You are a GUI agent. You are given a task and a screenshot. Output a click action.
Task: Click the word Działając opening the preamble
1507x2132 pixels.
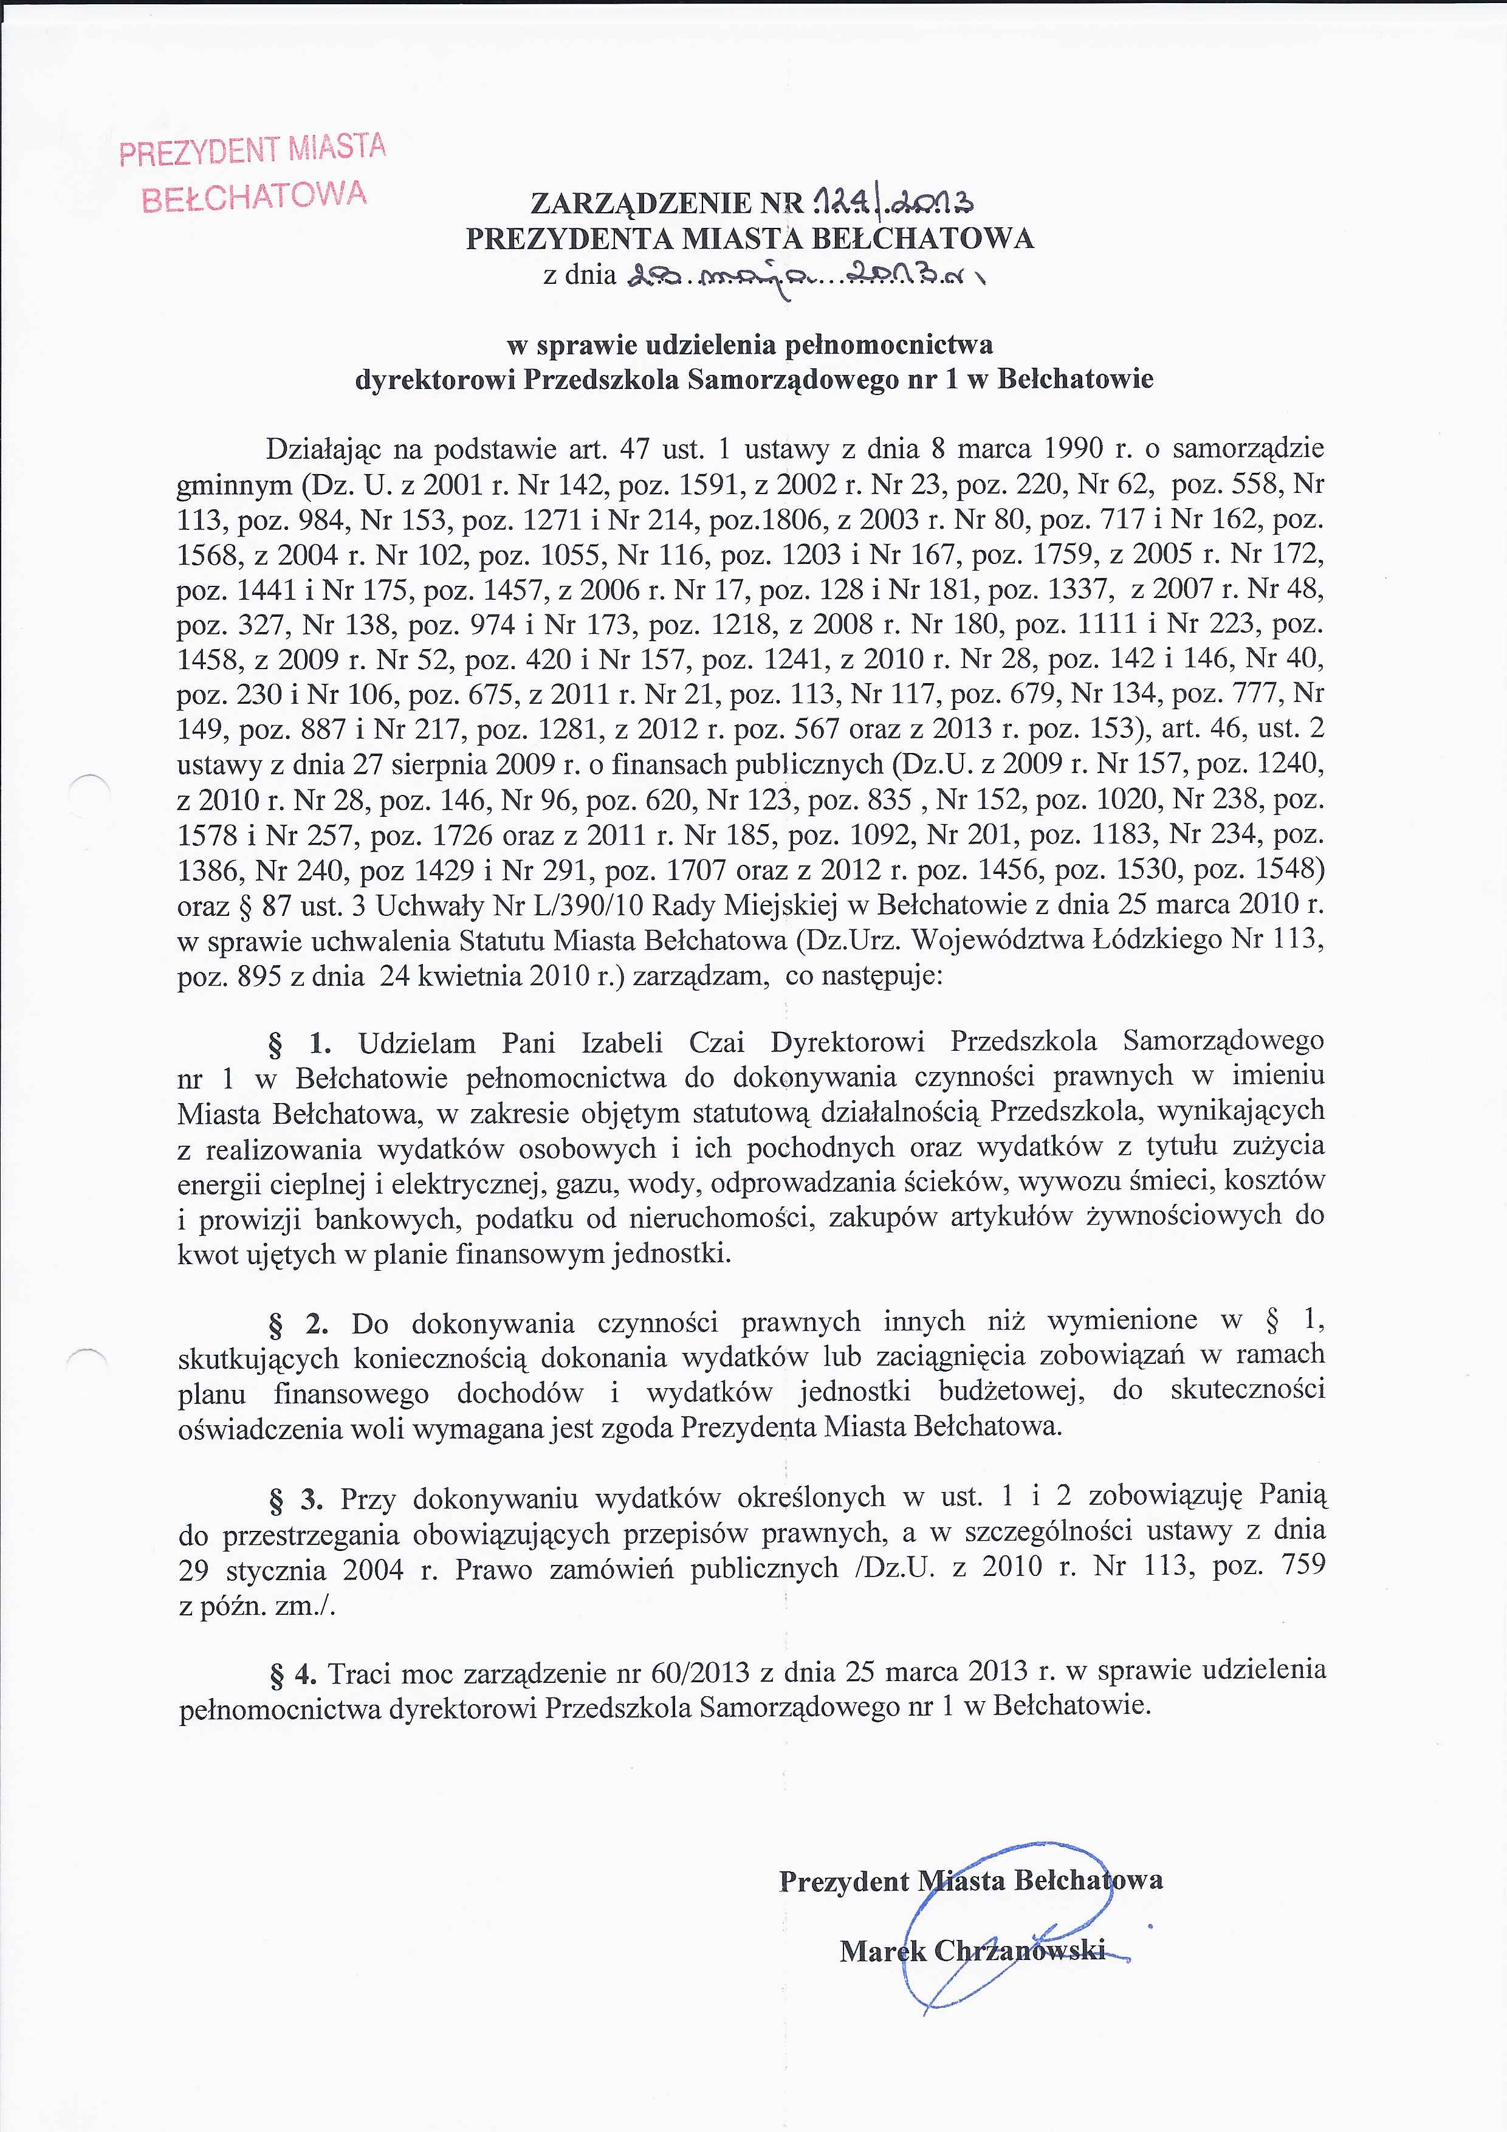coord(320,449)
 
